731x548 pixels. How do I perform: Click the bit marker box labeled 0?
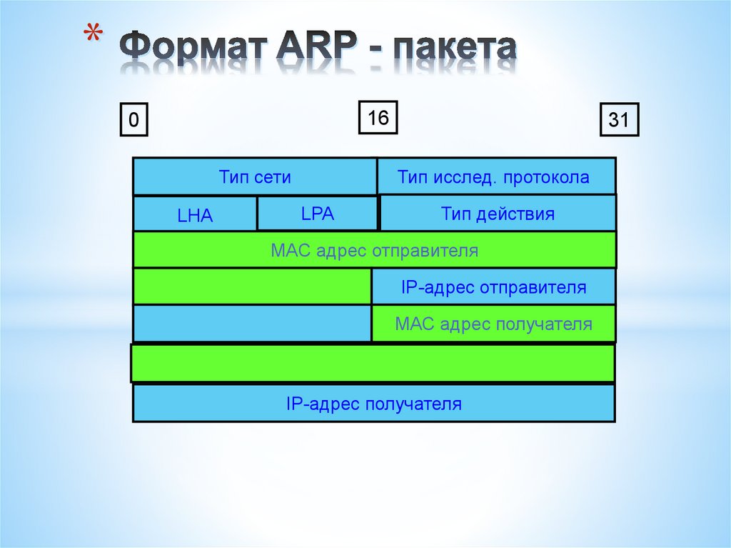click(x=133, y=121)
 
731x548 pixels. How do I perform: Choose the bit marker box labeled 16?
click(x=378, y=117)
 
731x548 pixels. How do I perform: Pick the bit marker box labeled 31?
click(x=619, y=121)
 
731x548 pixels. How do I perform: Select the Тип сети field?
click(x=255, y=176)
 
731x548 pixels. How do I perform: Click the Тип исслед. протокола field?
click(x=496, y=176)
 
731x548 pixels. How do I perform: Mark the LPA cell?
click(x=317, y=214)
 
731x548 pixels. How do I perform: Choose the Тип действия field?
click(x=498, y=214)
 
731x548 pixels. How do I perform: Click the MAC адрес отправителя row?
click(x=374, y=250)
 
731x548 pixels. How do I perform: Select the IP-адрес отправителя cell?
click(x=493, y=287)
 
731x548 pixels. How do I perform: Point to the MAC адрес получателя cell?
click(x=493, y=324)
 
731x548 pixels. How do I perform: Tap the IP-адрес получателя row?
click(x=374, y=404)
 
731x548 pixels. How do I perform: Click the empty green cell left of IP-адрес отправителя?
click(x=252, y=287)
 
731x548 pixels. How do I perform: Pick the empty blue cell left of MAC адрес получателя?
click(x=252, y=324)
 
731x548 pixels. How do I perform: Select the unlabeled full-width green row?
click(x=373, y=364)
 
